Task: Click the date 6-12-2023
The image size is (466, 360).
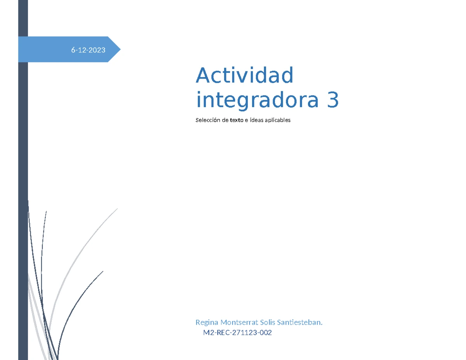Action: point(88,50)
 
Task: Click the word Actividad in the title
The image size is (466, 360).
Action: point(244,76)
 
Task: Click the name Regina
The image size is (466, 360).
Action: point(207,323)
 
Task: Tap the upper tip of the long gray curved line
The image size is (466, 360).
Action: point(117,209)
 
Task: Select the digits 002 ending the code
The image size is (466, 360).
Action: point(266,333)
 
